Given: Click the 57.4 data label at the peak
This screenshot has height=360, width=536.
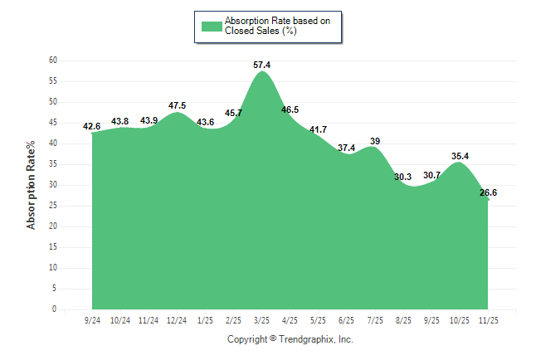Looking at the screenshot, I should [x=261, y=64].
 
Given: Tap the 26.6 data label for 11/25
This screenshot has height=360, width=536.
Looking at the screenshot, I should [x=488, y=192].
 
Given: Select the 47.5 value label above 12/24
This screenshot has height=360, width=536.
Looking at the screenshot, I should [x=177, y=105].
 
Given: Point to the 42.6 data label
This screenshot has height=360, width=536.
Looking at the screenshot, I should [x=91, y=126].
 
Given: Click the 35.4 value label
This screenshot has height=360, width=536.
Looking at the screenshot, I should [x=460, y=155].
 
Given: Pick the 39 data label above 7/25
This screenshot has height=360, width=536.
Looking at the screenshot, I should [x=375, y=141].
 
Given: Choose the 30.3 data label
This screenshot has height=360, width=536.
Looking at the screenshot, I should [x=403, y=177].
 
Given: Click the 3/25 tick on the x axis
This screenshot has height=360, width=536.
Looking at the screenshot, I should [x=262, y=319].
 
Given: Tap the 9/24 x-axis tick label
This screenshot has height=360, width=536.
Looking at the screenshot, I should [x=93, y=319].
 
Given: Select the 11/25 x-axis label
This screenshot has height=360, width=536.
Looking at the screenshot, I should [x=488, y=319].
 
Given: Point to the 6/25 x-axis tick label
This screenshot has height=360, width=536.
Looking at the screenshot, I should [x=347, y=319].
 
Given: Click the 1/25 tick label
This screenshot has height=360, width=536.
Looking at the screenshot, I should [x=206, y=319].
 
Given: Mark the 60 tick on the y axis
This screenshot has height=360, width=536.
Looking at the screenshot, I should [x=52, y=61].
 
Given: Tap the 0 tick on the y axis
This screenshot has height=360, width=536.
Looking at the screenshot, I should [x=55, y=309].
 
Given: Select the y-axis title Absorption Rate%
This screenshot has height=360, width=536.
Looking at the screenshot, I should [x=32, y=185].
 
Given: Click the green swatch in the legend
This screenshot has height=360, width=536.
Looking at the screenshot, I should [x=212, y=26].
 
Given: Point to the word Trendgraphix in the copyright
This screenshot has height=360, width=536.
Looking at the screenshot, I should [x=306, y=339].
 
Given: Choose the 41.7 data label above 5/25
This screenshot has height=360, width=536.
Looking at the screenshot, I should [x=319, y=129].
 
